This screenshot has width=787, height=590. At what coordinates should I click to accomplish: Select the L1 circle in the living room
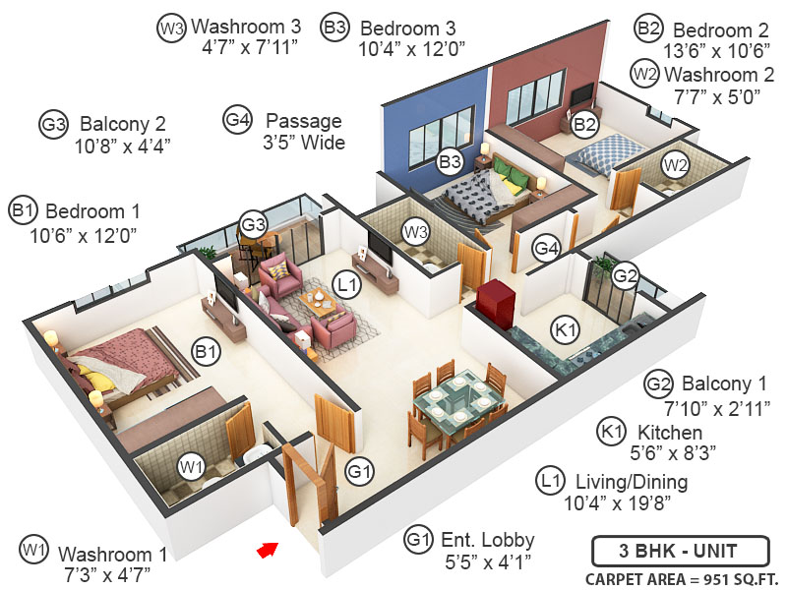[346, 286]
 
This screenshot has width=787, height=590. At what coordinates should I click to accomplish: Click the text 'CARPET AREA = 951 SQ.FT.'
[679, 577]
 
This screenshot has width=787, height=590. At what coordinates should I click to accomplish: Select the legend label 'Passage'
[310, 121]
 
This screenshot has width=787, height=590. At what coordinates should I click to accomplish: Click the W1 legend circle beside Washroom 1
[34, 548]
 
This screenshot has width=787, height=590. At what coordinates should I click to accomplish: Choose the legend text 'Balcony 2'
[123, 125]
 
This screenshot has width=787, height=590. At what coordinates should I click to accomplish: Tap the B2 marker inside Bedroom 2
[585, 124]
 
